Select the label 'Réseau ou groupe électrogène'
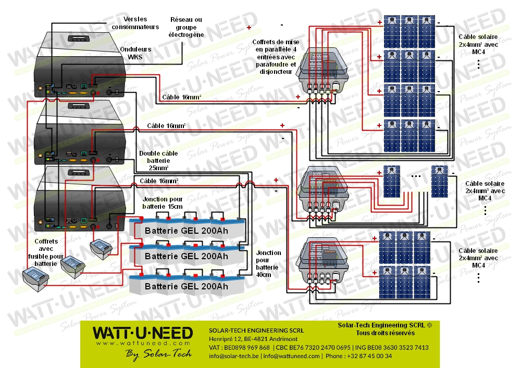tap(186, 27)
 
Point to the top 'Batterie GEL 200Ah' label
tap(186, 231)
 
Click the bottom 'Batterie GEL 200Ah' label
tap(186, 286)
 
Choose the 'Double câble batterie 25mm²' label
tap(158, 161)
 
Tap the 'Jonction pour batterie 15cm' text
tap(163, 202)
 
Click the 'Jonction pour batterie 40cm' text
tap(268, 264)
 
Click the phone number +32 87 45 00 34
tap(367, 356)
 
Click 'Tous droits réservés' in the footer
tap(385, 333)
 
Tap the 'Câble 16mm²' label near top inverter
tap(181, 97)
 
